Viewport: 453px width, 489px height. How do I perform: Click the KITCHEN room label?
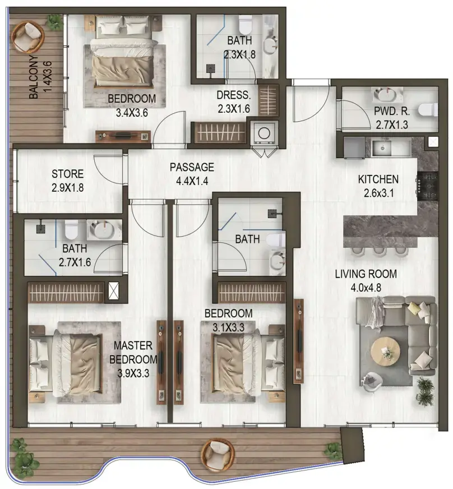click(x=379, y=180)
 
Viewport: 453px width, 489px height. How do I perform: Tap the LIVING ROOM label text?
click(x=366, y=274)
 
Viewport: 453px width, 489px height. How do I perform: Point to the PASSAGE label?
click(x=192, y=167)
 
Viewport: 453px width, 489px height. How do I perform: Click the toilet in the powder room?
click(x=429, y=108)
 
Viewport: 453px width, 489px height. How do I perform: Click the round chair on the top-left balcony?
click(x=29, y=36)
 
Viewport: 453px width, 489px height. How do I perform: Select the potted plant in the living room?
click(x=424, y=389)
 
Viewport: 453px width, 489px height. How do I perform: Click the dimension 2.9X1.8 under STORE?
click(x=67, y=188)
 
